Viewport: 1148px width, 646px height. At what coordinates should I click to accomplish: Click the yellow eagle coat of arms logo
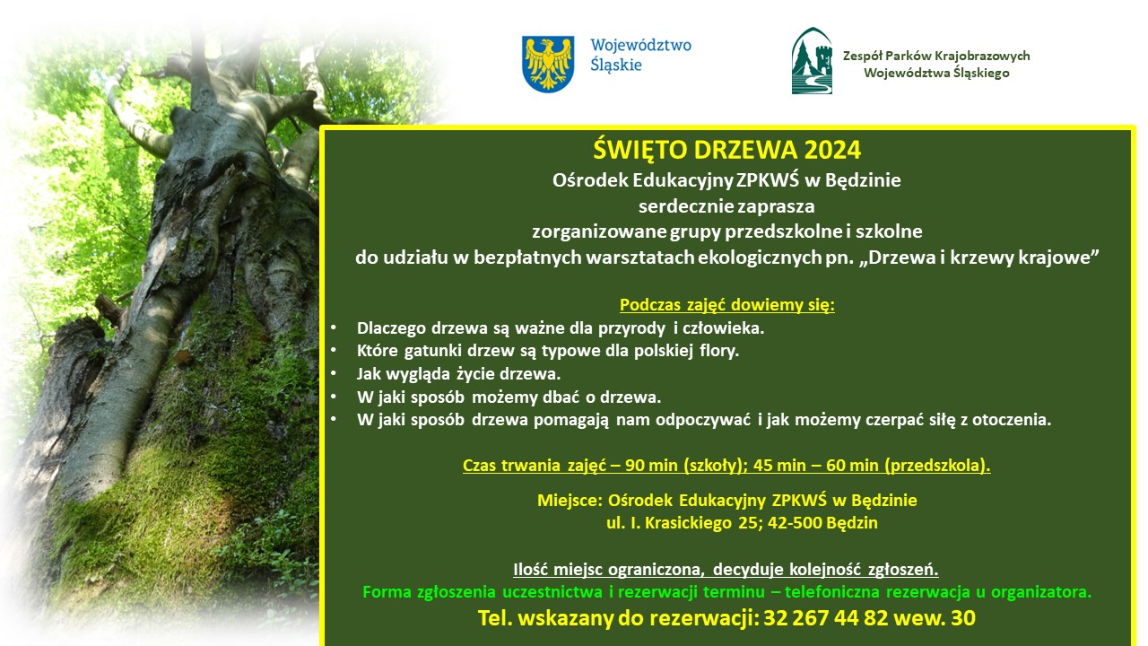548,63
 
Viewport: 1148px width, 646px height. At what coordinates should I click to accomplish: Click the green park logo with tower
811,61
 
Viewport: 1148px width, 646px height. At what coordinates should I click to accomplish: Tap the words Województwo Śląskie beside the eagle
640,54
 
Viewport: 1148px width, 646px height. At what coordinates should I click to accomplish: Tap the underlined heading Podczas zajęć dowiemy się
726,305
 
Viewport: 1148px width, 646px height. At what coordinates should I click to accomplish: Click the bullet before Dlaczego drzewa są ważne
334,328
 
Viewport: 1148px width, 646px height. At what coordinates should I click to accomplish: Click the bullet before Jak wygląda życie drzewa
334,374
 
